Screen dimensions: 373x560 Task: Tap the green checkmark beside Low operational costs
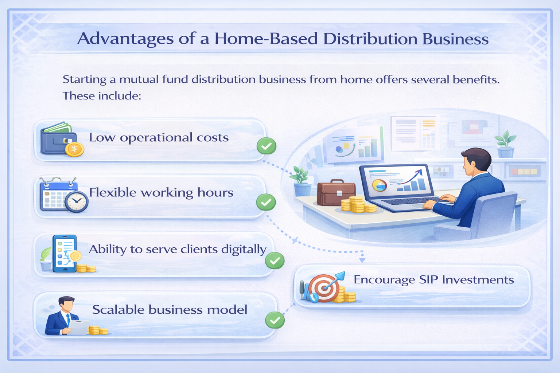click(x=267, y=146)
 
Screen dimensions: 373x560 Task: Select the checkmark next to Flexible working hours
click(x=266, y=202)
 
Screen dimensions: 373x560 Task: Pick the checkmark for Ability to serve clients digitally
click(x=275, y=260)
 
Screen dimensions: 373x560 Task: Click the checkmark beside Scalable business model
click(x=275, y=320)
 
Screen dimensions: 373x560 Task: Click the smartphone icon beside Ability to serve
click(x=65, y=254)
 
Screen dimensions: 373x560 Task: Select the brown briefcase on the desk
click(x=336, y=192)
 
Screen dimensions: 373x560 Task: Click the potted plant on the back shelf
click(x=505, y=144)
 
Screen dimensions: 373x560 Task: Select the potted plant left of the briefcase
click(x=302, y=181)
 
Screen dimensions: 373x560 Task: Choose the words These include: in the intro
click(x=102, y=96)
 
